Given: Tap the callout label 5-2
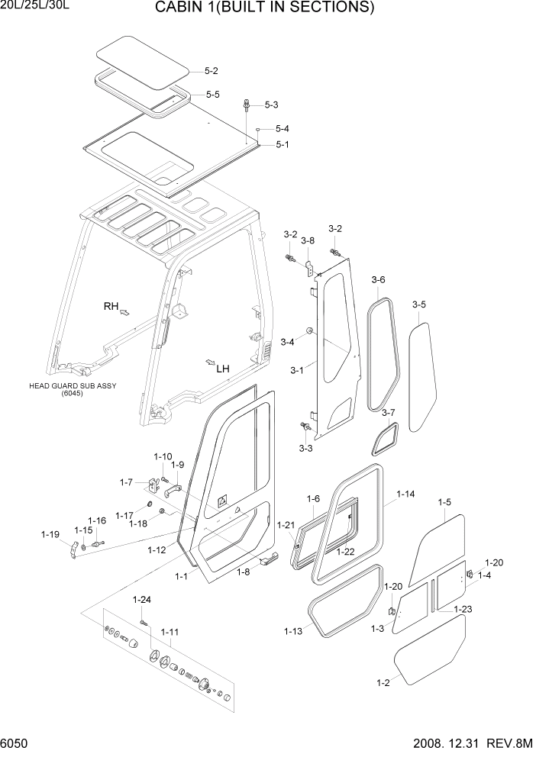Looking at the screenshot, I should click(x=211, y=71).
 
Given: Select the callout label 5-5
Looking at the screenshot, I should click(x=212, y=95).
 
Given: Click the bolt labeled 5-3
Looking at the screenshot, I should click(x=247, y=105).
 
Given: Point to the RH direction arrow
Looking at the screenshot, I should click(x=124, y=312).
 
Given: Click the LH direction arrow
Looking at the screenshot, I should click(x=209, y=361).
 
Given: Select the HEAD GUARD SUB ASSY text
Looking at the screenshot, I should click(x=73, y=386).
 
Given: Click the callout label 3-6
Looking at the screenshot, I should click(x=378, y=280).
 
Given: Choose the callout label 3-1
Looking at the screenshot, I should click(x=297, y=370).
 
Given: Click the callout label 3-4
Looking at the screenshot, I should click(x=287, y=342).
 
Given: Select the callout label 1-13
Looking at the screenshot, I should click(x=292, y=631).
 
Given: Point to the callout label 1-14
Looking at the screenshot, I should click(x=405, y=494).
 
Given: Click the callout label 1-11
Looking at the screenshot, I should click(x=170, y=632).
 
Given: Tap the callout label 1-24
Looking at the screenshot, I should click(x=142, y=599).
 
